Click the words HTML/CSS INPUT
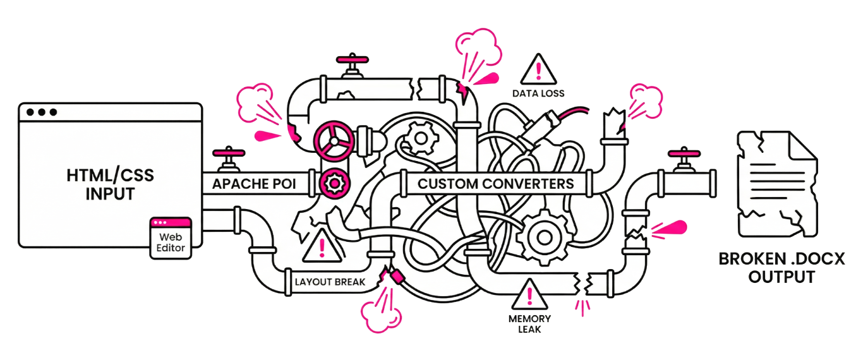[x=111, y=184]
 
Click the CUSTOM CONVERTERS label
[x=496, y=184]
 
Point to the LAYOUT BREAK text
[x=330, y=282]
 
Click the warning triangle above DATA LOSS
[x=538, y=69]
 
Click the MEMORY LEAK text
[x=529, y=324]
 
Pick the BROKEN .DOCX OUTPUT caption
[x=781, y=268]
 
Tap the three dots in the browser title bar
[x=42, y=112]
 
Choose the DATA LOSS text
[x=538, y=93]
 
